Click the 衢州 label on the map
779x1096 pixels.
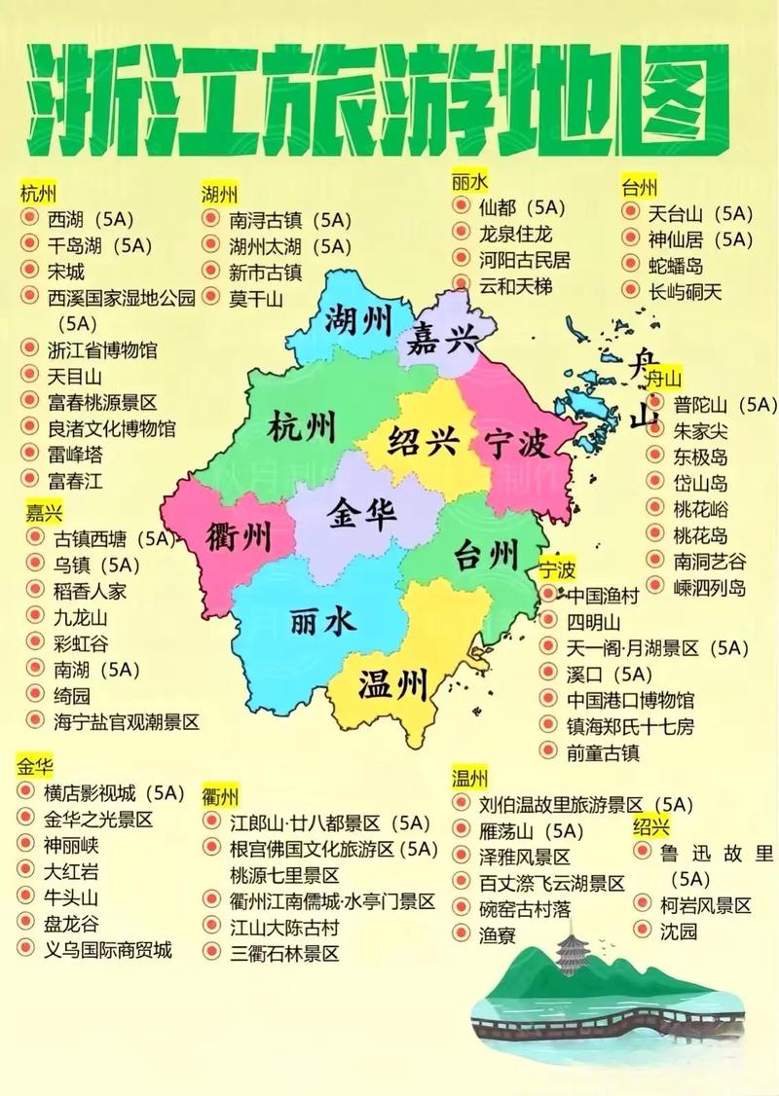click(239, 535)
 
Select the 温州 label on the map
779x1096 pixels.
click(393, 685)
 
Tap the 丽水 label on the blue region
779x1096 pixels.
click(322, 620)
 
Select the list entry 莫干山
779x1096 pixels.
click(256, 299)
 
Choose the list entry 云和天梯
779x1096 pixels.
click(515, 286)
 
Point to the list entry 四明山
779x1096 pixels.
click(594, 621)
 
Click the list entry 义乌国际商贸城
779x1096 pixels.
click(107, 950)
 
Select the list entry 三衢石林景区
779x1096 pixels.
click(284, 954)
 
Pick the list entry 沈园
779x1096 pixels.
click(679, 932)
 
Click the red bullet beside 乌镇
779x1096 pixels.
click(34, 564)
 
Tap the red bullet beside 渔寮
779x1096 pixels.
click(461, 933)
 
